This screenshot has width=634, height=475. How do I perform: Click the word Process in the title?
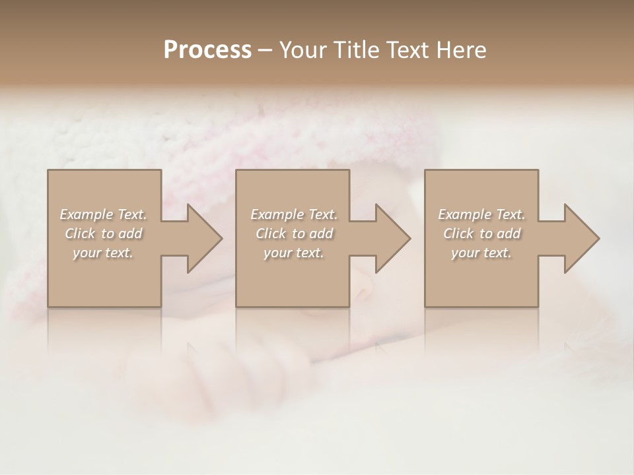tap(207, 50)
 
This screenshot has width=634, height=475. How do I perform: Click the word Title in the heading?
tap(355, 50)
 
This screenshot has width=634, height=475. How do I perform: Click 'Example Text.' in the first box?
tap(103, 214)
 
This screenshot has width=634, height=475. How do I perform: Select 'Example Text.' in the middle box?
tap(294, 214)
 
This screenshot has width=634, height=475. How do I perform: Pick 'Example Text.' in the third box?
tap(481, 214)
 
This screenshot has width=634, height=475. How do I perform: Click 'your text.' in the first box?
tap(103, 253)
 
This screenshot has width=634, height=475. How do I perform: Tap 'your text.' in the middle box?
tap(294, 253)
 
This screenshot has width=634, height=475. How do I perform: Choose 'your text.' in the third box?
tap(481, 253)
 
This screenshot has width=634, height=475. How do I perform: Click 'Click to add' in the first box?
tap(103, 234)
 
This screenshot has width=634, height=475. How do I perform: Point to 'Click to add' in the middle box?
tap(294, 234)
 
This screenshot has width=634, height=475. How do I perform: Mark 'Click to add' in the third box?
tap(481, 234)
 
